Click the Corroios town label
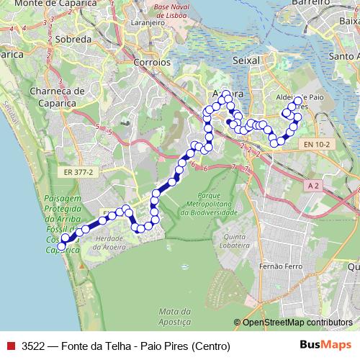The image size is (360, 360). tap(152, 63)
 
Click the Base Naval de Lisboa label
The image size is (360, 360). tap(174, 11)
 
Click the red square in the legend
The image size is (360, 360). tap(9, 346)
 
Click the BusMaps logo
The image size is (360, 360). tap(327, 345)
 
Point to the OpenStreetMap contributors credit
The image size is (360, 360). tap(297, 322)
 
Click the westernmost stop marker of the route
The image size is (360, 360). tap(61, 246)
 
